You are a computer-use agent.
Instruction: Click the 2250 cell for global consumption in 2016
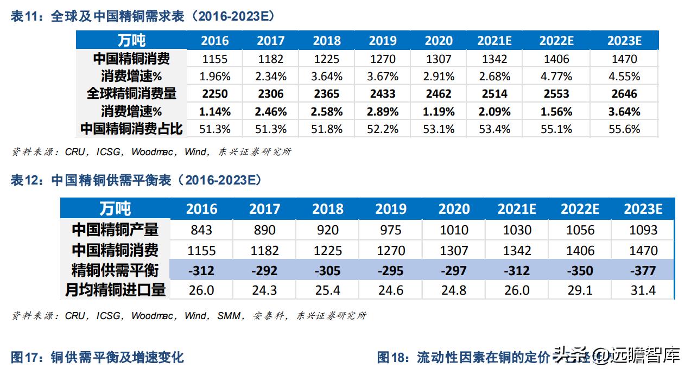215,94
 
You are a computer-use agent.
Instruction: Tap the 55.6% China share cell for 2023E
624,129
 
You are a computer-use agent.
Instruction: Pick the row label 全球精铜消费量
131,94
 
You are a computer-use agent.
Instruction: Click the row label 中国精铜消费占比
131,129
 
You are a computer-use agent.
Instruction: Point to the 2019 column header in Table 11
383,41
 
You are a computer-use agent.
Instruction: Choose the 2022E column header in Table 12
580,209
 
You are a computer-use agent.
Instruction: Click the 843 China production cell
202,230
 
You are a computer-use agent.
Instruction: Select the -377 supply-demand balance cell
643,270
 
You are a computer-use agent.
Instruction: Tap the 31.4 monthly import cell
643,290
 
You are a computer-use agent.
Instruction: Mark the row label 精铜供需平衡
115,270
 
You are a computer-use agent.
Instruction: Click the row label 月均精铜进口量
115,290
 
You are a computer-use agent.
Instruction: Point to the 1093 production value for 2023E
643,230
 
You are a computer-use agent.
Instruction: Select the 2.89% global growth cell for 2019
383,112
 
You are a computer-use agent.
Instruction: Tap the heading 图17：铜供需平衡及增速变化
97,357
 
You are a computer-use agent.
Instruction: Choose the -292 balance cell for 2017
265,270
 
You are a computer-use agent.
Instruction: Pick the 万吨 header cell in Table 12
115,209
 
